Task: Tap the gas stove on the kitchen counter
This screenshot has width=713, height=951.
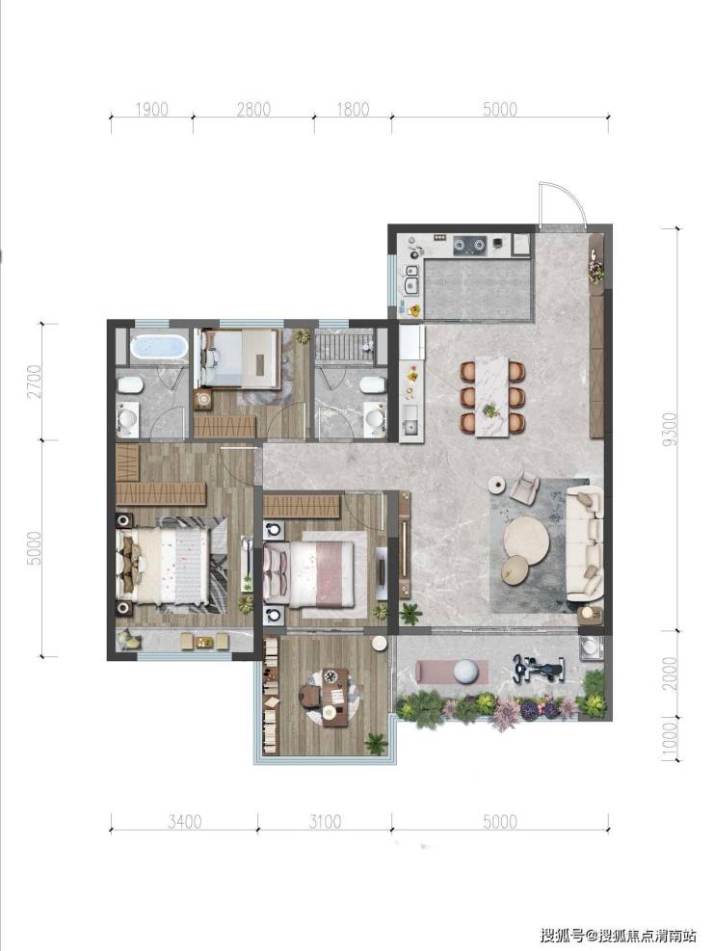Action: [x=470, y=245]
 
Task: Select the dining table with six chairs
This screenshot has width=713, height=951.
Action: [x=491, y=397]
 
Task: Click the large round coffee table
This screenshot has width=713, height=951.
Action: [x=527, y=536]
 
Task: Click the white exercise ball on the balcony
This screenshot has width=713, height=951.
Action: [x=471, y=672]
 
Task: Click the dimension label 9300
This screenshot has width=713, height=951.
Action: [x=669, y=429]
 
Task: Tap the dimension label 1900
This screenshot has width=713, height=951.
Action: [x=151, y=110]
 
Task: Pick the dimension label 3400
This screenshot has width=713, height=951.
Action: [x=185, y=822]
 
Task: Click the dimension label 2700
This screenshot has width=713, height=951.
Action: [x=36, y=381]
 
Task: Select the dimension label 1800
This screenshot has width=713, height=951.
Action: [x=353, y=110]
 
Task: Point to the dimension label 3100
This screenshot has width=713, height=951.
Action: [x=325, y=822]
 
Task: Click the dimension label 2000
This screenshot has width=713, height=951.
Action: [x=669, y=674]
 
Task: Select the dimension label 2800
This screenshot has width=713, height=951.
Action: [x=253, y=110]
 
